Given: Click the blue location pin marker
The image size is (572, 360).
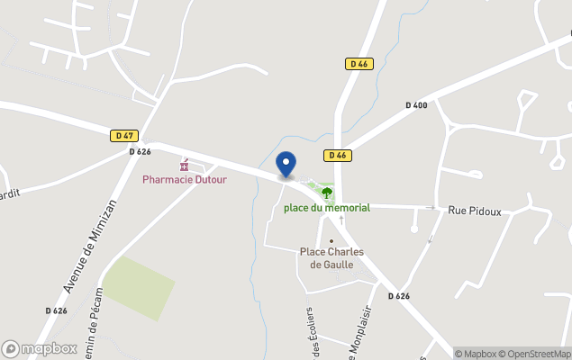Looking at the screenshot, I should [286, 165].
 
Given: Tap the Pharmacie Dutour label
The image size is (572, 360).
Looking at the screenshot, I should [185, 179].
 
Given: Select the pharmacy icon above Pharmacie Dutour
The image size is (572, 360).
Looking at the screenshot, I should [185, 166].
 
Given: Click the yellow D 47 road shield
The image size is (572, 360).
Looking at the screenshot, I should [124, 136].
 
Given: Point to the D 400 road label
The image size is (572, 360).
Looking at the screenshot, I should [416, 105].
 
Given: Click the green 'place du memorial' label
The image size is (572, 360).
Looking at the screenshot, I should [326, 208].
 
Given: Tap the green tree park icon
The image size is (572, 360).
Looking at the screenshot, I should [326, 192].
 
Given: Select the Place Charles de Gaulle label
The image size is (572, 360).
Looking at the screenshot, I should [331, 257].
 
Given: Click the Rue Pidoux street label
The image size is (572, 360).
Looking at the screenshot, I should [474, 211].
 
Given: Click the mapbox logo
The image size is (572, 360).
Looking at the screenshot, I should [39, 348].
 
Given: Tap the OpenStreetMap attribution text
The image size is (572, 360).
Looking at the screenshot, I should [537, 354].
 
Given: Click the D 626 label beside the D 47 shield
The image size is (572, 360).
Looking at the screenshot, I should [140, 151].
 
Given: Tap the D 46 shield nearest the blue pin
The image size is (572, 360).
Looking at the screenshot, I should [337, 155].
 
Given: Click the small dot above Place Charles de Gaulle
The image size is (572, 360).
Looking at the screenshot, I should [331, 240].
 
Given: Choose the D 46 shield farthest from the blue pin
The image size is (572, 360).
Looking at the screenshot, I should [359, 64].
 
